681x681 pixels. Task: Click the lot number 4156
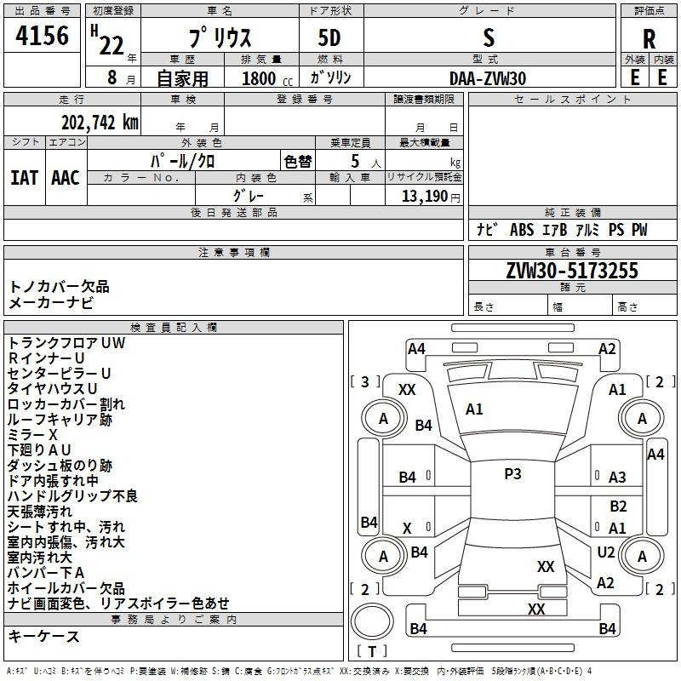(42, 36)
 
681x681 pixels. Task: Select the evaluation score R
(649, 39)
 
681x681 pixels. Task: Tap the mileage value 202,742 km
(100, 123)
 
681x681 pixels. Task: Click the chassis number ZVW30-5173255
(572, 270)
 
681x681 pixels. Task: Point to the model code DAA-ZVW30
(488, 78)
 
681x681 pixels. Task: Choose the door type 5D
(329, 37)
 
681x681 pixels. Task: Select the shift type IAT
(24, 178)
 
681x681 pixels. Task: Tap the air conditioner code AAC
(66, 178)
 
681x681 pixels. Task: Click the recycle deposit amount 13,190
(424, 196)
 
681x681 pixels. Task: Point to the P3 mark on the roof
(512, 473)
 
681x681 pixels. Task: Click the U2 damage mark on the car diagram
(606, 552)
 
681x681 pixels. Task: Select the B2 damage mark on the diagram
(619, 506)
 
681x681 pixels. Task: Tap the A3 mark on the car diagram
(617, 478)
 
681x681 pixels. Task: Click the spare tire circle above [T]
(372, 621)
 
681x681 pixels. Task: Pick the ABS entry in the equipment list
(522, 229)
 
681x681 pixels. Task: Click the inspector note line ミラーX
(32, 434)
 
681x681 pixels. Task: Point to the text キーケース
(43, 637)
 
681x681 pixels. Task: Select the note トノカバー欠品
(59, 287)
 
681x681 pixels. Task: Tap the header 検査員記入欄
(174, 328)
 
